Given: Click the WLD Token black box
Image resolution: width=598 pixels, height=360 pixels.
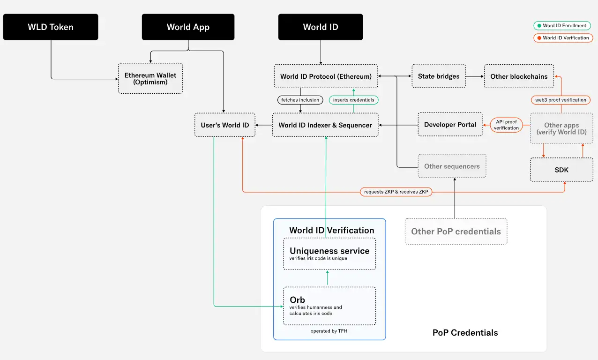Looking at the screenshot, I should pyautogui.click(x=51, y=27).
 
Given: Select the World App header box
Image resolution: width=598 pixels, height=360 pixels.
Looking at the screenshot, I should pyautogui.click(x=188, y=27).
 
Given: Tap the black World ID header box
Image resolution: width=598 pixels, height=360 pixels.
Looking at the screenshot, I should pyautogui.click(x=321, y=27).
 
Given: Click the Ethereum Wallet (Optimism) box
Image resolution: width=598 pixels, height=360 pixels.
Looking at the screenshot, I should pyautogui.click(x=150, y=78).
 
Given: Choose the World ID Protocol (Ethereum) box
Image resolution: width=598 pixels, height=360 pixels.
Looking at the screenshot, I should pyautogui.click(x=326, y=76).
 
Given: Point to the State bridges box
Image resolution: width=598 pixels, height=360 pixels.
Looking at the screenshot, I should pyautogui.click(x=439, y=76).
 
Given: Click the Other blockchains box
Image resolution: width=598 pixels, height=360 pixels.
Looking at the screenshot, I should pyautogui.click(x=519, y=76).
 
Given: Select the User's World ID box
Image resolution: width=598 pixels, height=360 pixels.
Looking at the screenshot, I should pyautogui.click(x=225, y=125).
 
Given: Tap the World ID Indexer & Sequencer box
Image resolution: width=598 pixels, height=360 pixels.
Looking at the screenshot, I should pyautogui.click(x=325, y=125).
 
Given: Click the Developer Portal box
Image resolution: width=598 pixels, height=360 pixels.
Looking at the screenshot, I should pyautogui.click(x=450, y=124).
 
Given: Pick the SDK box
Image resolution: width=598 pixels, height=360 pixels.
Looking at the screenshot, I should pyautogui.click(x=561, y=170).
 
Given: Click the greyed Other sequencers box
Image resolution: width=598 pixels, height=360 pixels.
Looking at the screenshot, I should pyautogui.click(x=452, y=166).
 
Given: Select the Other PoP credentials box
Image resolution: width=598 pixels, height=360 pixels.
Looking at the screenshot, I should pyautogui.click(x=456, y=231).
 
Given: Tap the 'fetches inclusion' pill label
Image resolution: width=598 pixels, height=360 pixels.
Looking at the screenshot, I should pyautogui.click(x=300, y=100).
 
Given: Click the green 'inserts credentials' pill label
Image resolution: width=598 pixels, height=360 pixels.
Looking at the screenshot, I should pyautogui.click(x=354, y=100).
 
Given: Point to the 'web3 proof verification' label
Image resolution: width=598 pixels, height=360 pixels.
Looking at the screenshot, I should pyautogui.click(x=561, y=100).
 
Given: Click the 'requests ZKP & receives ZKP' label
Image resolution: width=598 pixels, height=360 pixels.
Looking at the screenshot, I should pyautogui.click(x=396, y=192).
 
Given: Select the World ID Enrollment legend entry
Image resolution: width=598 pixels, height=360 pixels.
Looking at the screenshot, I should pyautogui.click(x=562, y=26).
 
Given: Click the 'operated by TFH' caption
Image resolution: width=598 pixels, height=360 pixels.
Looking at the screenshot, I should pyautogui.click(x=329, y=331).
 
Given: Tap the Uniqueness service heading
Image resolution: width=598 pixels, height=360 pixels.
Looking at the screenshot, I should pyautogui.click(x=329, y=251).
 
